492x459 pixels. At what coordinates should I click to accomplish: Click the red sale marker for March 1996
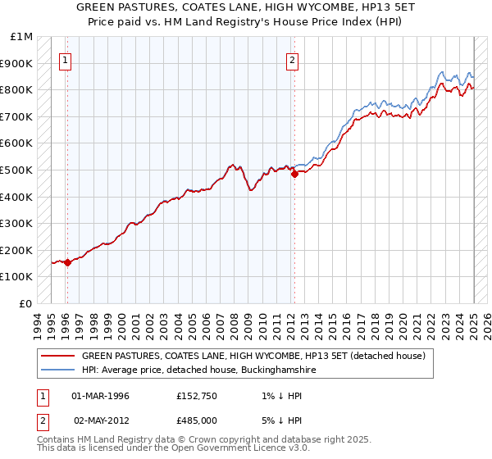(67, 262)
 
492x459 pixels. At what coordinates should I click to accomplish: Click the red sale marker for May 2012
(294, 174)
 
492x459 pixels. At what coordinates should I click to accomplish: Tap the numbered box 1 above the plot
(65, 59)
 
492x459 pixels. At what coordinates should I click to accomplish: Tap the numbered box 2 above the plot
(292, 59)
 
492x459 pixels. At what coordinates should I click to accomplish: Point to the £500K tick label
(17, 170)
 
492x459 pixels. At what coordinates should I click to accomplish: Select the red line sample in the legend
(57, 357)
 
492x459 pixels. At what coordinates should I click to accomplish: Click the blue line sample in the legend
(57, 370)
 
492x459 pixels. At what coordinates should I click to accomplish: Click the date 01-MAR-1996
(102, 397)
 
